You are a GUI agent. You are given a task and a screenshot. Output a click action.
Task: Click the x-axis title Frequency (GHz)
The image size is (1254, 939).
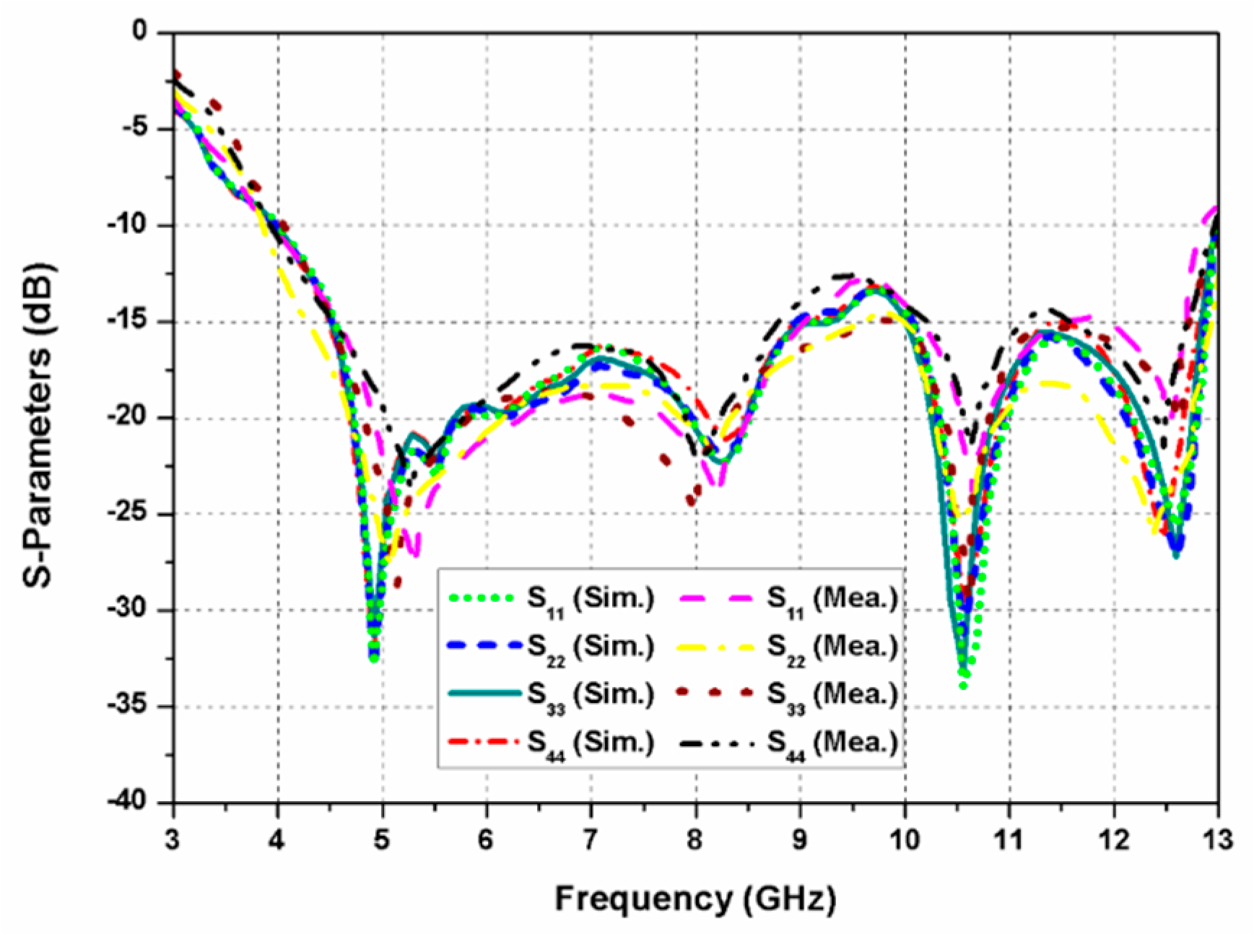[x=695, y=899]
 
